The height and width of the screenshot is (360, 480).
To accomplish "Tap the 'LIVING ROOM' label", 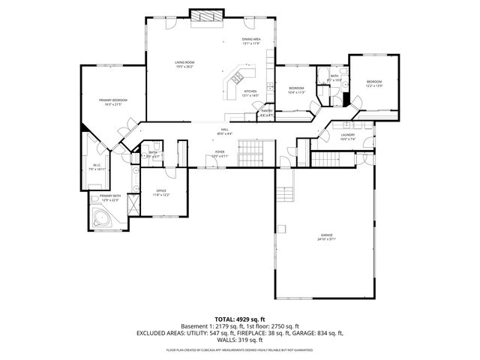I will tap(184, 62).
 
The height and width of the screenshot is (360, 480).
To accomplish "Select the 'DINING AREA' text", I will tap(250, 39).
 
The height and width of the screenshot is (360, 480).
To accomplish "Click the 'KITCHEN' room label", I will tap(249, 91).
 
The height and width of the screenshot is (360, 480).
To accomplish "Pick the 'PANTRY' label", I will tap(266, 111).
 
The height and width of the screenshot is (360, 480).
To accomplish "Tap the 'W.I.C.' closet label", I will tap(97, 166).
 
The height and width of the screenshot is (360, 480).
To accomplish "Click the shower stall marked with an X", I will tap(132, 203).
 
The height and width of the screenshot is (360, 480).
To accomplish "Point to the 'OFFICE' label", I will tap(160, 190).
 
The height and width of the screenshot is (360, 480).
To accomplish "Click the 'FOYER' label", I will tap(220, 151).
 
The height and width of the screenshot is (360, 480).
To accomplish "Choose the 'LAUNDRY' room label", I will tap(347, 135).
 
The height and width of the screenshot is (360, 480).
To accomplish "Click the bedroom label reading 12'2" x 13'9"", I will tap(373, 85).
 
